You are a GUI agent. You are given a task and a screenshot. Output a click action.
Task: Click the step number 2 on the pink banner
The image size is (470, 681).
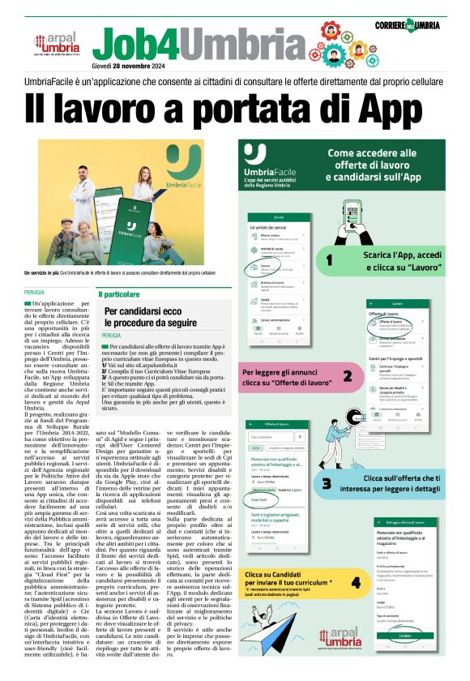(348, 375)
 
